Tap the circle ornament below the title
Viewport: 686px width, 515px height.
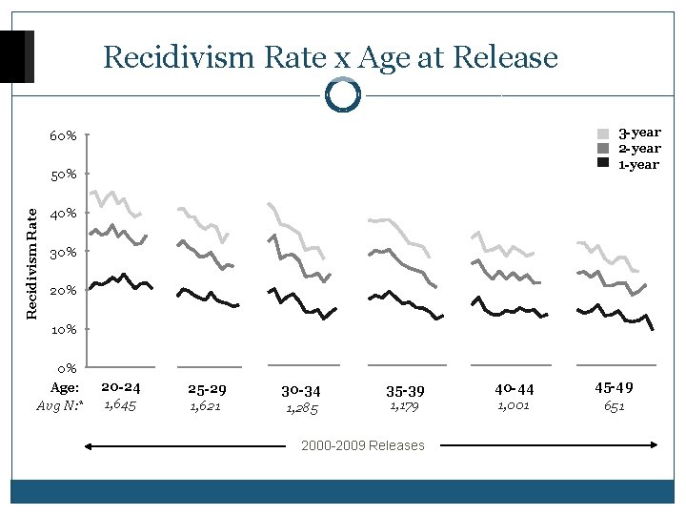point(342,94)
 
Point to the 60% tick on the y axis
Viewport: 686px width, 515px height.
point(64,136)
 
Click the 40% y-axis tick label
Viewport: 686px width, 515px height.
point(64,214)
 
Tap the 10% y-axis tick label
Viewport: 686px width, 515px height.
point(64,330)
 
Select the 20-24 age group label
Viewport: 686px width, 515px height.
point(121,388)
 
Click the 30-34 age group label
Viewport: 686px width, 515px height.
point(301,391)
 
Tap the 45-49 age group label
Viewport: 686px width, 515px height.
point(615,388)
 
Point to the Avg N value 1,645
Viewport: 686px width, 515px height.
point(119,406)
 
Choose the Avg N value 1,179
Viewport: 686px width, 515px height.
point(404,407)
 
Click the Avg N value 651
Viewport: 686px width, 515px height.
point(615,406)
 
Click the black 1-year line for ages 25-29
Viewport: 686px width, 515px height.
point(208,297)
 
